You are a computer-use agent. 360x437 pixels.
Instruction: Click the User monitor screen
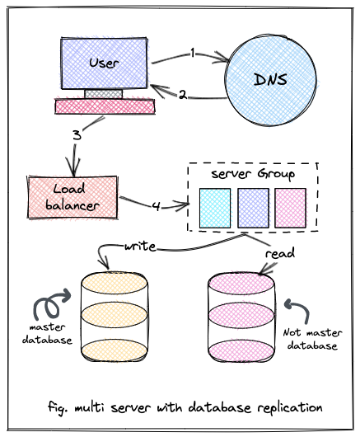coord(104,63)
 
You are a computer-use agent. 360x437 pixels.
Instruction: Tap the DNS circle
coord(270,80)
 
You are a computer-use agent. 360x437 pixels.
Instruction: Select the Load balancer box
coord(72,197)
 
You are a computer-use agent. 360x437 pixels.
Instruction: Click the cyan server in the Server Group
coord(215,208)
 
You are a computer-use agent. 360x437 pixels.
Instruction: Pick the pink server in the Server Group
coord(291,208)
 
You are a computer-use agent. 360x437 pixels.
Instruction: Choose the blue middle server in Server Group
coord(253,208)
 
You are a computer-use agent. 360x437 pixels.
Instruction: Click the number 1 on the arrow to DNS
coord(193,53)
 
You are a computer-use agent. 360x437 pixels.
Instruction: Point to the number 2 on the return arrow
coord(182,95)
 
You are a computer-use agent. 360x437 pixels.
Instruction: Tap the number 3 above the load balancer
coord(77,135)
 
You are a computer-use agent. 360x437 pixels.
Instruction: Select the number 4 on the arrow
coord(157,206)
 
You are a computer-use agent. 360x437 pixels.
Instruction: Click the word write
coord(140,247)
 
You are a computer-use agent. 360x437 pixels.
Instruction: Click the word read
coord(280,253)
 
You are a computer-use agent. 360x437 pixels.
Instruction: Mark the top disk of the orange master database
coord(115,284)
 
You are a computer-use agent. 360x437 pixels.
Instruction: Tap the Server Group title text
coord(253,174)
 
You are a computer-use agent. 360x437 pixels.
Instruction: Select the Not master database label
coord(312,339)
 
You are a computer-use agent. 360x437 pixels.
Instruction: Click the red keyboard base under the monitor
coord(105,106)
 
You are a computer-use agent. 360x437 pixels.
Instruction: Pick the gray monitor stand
coord(103,94)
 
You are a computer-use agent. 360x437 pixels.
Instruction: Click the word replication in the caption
coord(290,408)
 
